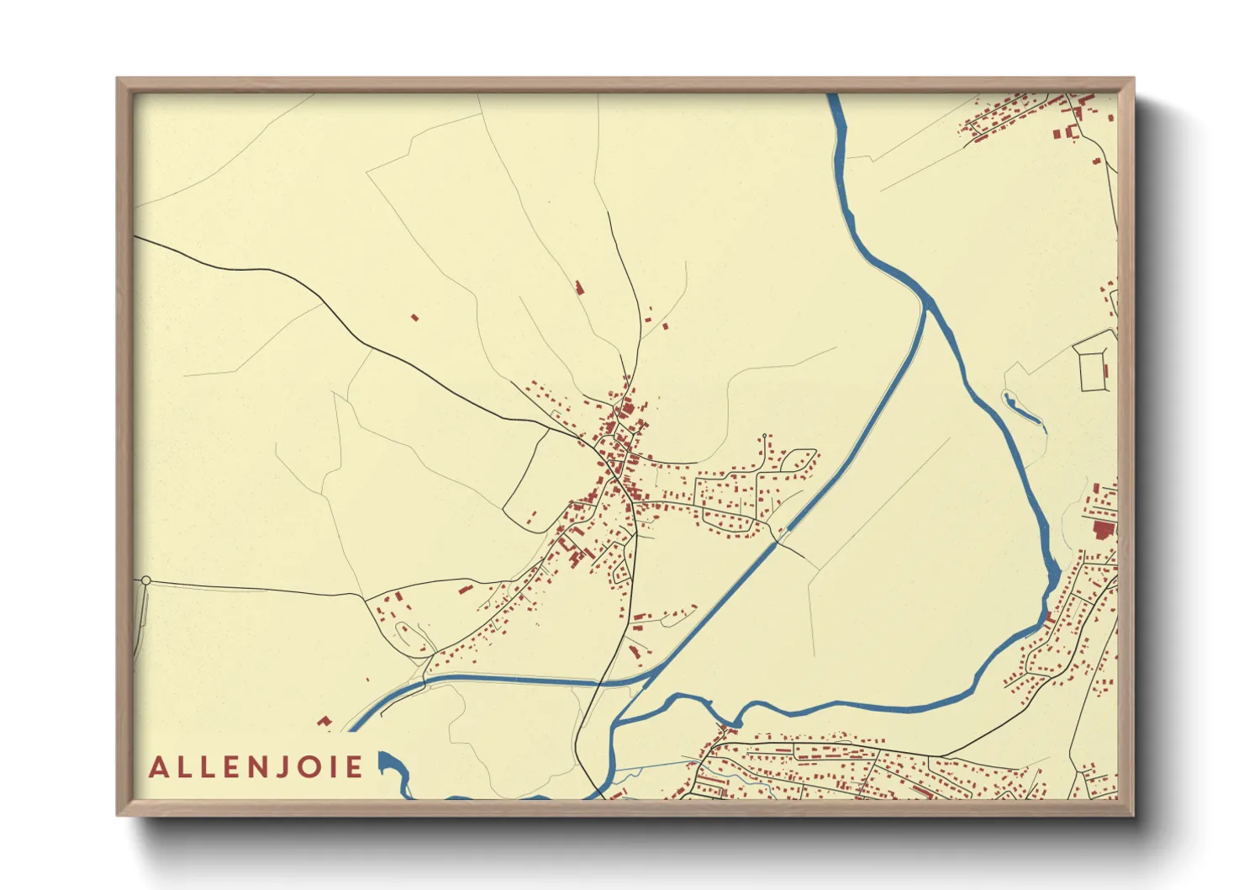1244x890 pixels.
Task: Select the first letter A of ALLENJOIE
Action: point(158,767)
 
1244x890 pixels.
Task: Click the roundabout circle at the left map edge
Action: point(145,580)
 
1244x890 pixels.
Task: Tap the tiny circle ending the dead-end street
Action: point(764,436)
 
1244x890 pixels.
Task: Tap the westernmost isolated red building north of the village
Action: point(414,317)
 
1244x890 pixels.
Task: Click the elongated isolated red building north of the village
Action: point(579,288)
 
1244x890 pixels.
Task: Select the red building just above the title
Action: point(323,721)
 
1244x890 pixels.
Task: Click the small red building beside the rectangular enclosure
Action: point(1106,370)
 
